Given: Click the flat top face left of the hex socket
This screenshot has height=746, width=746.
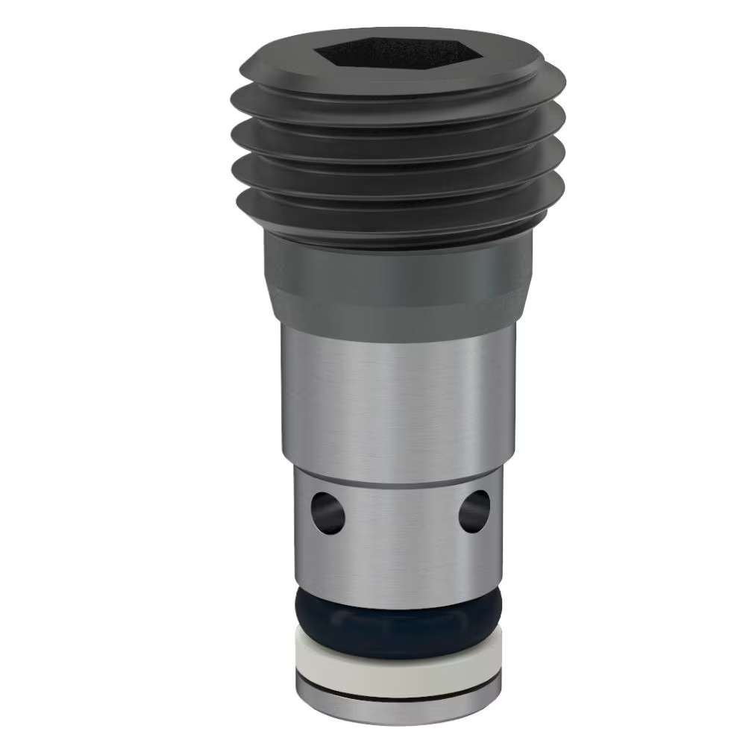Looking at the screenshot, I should click(280, 63).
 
